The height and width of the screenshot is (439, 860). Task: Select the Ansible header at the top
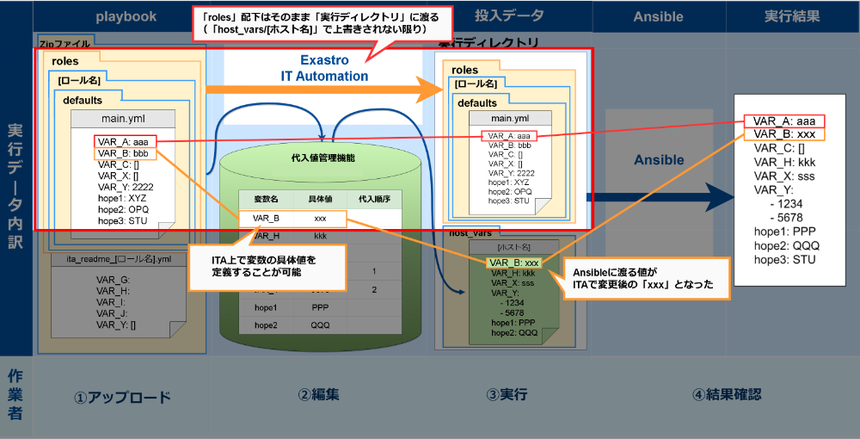[658, 16]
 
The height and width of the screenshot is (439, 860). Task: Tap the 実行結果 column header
[792, 16]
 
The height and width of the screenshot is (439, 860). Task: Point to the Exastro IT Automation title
[324, 68]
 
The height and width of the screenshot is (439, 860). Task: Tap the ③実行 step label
[506, 395]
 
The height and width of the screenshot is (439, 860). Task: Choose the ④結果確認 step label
[727, 395]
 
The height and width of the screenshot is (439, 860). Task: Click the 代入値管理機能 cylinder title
[323, 158]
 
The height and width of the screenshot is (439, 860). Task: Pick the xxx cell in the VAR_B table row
[320, 219]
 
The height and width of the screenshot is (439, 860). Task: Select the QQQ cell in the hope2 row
[320, 325]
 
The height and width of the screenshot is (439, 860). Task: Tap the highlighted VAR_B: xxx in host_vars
[513, 263]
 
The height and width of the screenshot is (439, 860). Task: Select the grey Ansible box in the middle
[658, 160]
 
